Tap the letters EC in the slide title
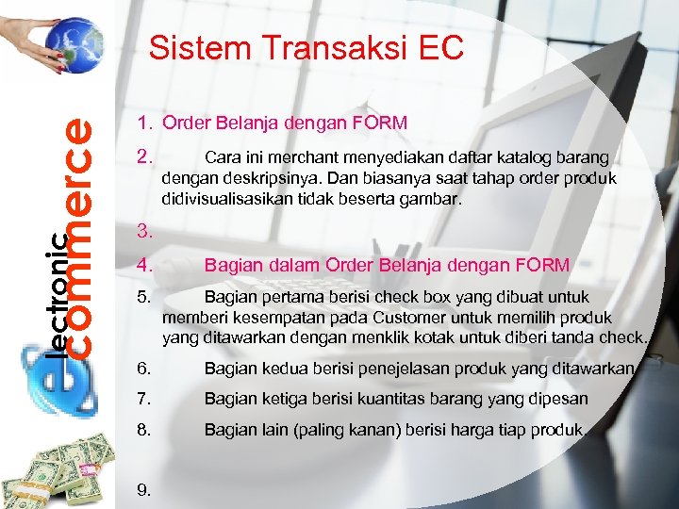441,47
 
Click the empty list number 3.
143,230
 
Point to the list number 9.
143,489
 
